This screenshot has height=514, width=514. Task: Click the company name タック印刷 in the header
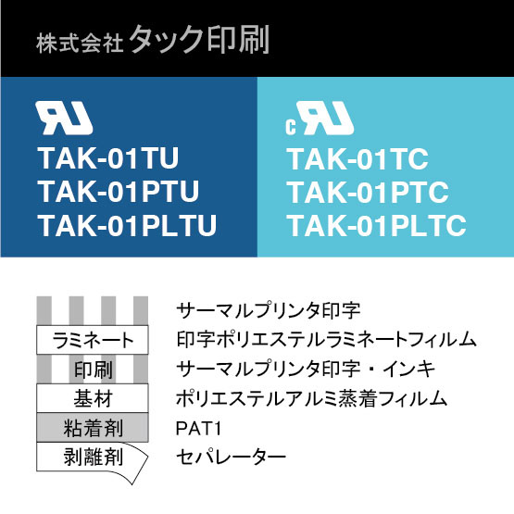[199, 40]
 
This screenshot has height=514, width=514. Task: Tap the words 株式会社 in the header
[80, 44]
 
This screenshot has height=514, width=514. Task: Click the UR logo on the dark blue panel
[64, 118]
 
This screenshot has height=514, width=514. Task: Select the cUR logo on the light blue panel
[320, 118]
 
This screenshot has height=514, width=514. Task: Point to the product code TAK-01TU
[108, 158]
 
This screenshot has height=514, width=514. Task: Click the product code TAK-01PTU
[119, 192]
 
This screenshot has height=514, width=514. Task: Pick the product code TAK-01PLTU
[127, 225]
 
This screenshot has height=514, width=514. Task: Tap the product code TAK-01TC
[358, 159]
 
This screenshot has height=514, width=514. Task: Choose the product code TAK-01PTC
[368, 193]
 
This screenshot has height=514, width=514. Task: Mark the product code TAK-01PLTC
[377, 226]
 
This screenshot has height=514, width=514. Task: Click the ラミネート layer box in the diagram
[93, 340]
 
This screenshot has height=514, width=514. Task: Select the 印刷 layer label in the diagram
[94, 370]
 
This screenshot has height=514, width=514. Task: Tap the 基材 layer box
[93, 398]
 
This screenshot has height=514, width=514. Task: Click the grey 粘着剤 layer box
[93, 428]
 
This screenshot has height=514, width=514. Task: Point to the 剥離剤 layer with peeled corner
[93, 458]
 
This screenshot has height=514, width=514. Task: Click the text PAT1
[198, 428]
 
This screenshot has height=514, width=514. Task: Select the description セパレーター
[231, 457]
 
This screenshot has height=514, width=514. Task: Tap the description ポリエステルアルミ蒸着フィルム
[311, 398]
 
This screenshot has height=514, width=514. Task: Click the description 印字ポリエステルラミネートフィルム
[326, 340]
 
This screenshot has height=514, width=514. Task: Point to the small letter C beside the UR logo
[291, 127]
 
